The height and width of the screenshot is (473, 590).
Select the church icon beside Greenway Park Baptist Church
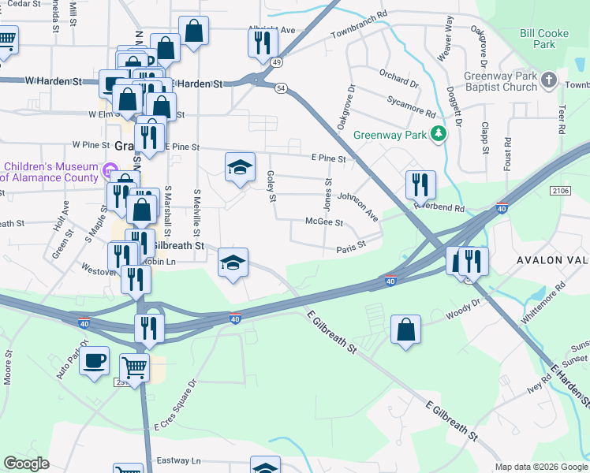tap(550, 81)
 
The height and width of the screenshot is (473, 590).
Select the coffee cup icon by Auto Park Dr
tap(95, 360)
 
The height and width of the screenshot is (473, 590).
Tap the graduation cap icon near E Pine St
tap(241, 166)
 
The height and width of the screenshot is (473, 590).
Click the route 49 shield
tap(275, 61)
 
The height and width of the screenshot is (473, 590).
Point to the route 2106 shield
tap(561, 191)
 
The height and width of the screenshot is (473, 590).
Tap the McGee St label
tap(323, 223)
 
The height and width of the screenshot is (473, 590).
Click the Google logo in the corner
tap(26, 464)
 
